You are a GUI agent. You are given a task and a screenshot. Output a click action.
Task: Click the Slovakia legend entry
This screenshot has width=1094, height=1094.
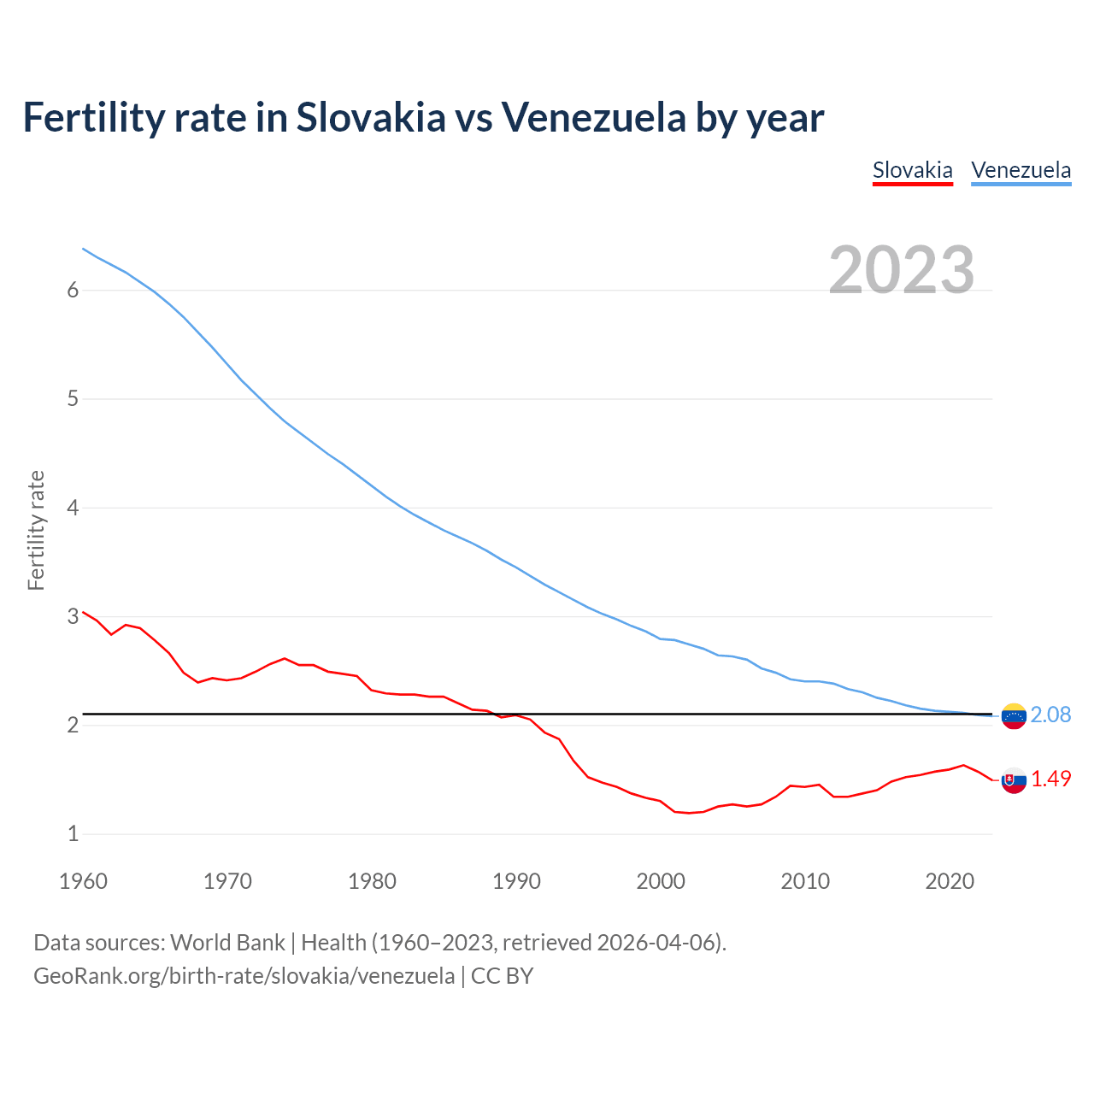(912, 170)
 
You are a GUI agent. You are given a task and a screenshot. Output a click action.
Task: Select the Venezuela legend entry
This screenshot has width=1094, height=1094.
(1020, 170)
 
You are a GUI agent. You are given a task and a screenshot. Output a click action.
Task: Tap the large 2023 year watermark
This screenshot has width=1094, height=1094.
(901, 270)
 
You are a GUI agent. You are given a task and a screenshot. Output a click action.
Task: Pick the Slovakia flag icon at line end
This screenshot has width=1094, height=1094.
(1014, 779)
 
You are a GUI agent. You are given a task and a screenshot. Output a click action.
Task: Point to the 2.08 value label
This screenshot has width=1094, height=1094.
(1050, 715)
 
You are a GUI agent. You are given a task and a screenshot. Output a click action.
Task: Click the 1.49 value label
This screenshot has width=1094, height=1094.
(1050, 779)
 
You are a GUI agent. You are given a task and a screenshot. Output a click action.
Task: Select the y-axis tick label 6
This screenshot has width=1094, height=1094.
(73, 291)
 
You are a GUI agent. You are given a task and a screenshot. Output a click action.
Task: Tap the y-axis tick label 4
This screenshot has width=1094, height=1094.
(73, 508)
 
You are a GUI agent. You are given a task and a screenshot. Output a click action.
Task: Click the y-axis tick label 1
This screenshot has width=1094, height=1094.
(73, 833)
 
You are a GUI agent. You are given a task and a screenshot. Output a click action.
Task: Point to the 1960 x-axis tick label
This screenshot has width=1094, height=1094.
(83, 881)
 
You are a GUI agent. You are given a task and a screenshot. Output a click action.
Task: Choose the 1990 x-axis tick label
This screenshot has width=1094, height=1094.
(516, 881)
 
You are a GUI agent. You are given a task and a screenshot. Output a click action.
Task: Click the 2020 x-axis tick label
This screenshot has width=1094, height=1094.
(950, 881)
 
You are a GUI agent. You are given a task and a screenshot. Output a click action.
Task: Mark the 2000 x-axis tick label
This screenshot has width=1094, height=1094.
(661, 881)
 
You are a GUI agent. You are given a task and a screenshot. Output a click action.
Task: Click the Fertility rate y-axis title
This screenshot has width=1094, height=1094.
(36, 530)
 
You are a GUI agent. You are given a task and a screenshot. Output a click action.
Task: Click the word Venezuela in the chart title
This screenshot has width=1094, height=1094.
(593, 117)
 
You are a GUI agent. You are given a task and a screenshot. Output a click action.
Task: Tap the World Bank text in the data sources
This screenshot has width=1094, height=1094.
(227, 943)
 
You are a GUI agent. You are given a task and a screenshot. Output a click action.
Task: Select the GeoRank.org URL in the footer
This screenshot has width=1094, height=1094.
(244, 976)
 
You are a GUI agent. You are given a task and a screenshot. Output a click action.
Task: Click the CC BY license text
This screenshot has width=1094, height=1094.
(502, 976)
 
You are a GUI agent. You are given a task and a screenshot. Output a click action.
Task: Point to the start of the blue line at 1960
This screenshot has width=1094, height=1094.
(84, 249)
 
